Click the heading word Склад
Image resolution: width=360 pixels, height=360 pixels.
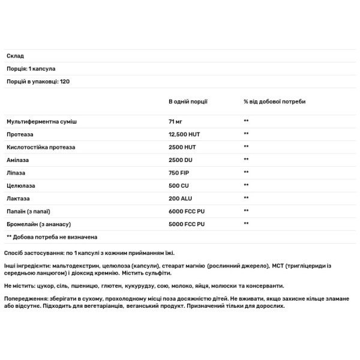coord(15,56)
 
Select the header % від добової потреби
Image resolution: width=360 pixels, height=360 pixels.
coord(274,101)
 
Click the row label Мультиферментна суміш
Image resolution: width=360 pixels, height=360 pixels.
coord(41,121)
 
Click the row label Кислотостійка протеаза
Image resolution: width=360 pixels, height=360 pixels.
coord(43,147)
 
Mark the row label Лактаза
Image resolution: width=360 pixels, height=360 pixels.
coord(19,198)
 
